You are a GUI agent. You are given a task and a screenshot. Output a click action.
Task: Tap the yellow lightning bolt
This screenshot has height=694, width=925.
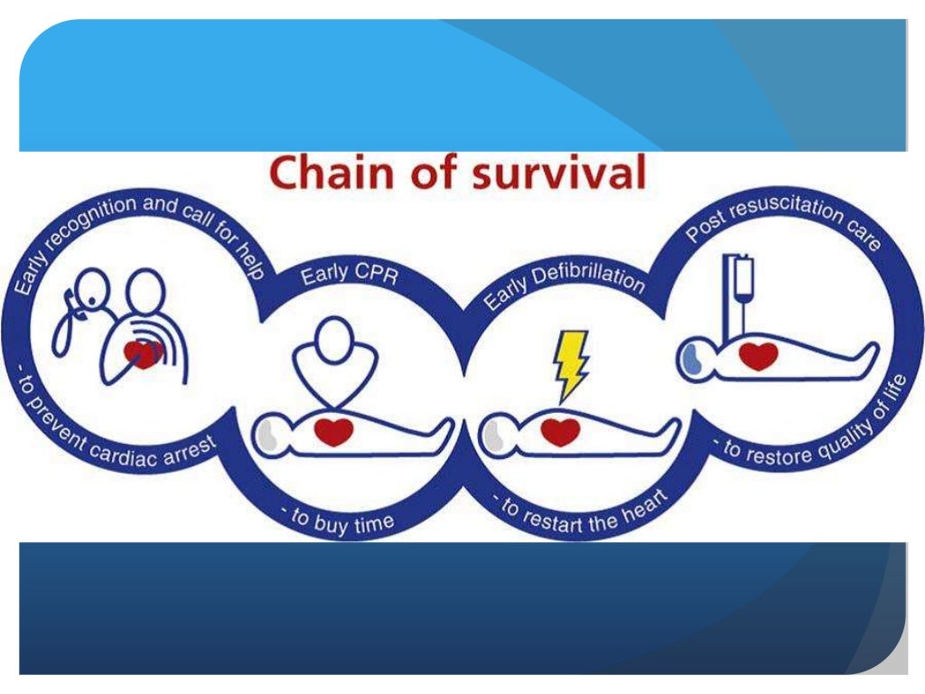click(x=571, y=362)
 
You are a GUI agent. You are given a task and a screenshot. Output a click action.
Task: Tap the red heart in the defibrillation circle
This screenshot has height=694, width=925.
click(x=560, y=432)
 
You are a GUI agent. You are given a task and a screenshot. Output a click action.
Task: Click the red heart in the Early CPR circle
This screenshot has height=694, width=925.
click(x=333, y=431)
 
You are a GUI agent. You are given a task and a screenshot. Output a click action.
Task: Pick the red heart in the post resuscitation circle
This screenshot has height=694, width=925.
click(x=758, y=355)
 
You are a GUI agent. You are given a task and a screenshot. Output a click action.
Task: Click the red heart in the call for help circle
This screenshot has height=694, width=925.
click(x=143, y=352)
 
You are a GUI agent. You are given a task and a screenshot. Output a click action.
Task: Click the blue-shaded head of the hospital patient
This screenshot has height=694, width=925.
click(x=693, y=357)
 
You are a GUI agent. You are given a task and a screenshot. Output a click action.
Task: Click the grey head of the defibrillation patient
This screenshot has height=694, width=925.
click(x=496, y=436)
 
